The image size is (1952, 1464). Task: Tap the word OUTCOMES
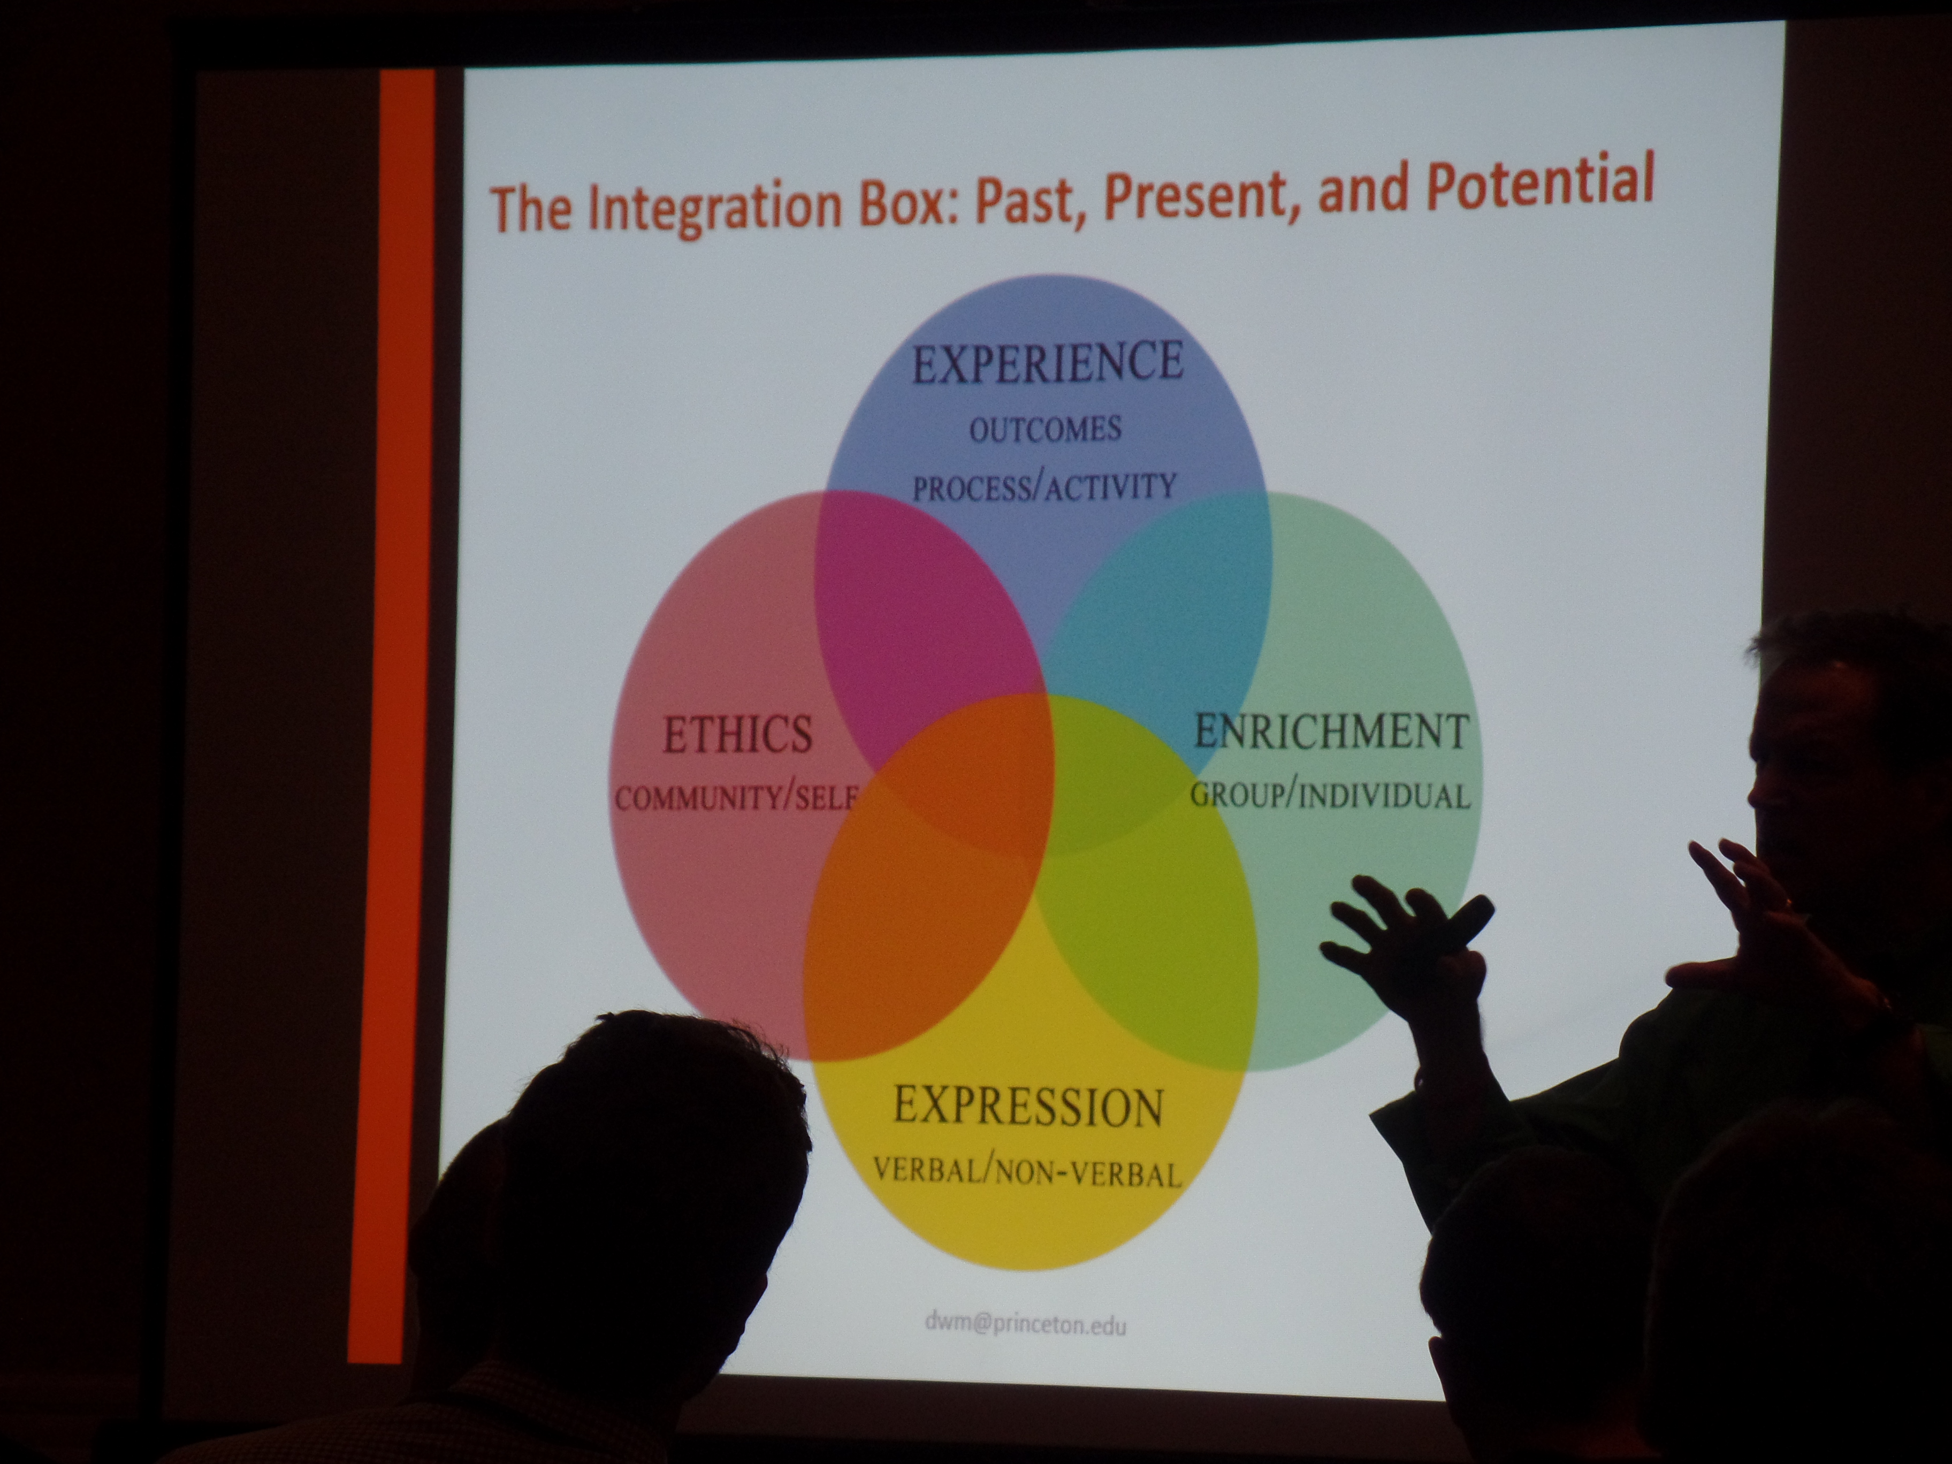[1046, 430]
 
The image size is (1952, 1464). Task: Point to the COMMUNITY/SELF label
[736, 798]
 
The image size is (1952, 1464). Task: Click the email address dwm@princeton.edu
[1025, 1322]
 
